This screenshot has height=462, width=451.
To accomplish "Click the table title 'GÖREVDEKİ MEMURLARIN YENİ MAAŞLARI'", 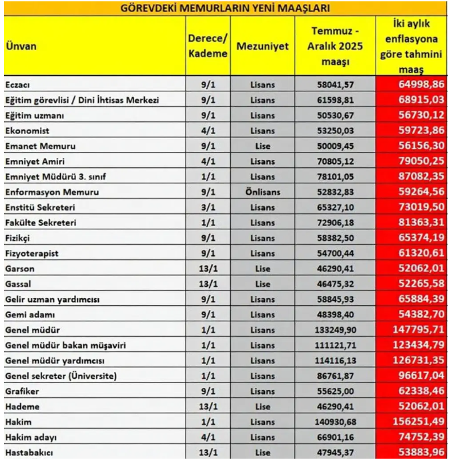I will coord(225,8).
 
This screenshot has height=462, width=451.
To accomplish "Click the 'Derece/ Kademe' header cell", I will coord(207,46).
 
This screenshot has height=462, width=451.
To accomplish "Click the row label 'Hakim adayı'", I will coord(31,437).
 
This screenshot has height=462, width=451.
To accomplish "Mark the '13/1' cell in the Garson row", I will coord(207,269).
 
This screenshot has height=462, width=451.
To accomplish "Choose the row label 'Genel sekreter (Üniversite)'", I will coord(61,376).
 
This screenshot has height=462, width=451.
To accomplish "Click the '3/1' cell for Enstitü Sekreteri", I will coord(207,207).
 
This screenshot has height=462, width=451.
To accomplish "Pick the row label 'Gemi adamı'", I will coord(30,315).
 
